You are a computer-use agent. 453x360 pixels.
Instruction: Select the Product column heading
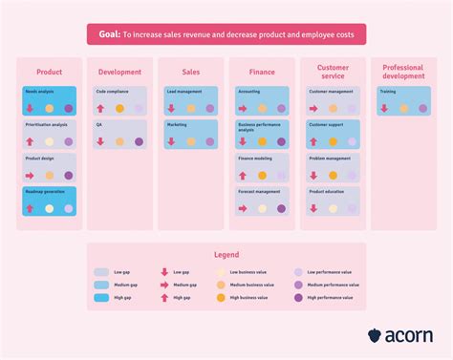click(x=50, y=72)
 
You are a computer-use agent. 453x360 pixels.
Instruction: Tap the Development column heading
click(x=119, y=72)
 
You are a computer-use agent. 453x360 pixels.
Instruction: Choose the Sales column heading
click(x=190, y=72)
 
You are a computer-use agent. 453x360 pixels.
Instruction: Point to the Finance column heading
click(x=261, y=72)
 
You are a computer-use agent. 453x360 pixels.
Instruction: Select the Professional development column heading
click(x=403, y=72)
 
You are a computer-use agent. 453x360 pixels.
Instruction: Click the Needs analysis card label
click(x=39, y=93)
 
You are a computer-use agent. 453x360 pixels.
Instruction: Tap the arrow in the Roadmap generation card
click(x=30, y=208)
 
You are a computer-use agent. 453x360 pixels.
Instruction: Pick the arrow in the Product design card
click(x=30, y=176)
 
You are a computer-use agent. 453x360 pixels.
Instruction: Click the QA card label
click(x=100, y=125)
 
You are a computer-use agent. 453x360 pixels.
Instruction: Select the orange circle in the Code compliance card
click(x=120, y=109)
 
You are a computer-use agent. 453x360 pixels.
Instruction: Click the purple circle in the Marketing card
click(x=210, y=141)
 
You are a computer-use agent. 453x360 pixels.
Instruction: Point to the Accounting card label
click(x=248, y=93)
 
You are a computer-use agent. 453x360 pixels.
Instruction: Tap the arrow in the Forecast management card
click(x=243, y=208)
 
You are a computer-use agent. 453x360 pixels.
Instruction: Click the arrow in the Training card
click(x=384, y=109)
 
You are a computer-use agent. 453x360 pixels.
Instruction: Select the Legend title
click(x=226, y=255)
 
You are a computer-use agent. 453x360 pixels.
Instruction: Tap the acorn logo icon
click(x=375, y=335)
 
